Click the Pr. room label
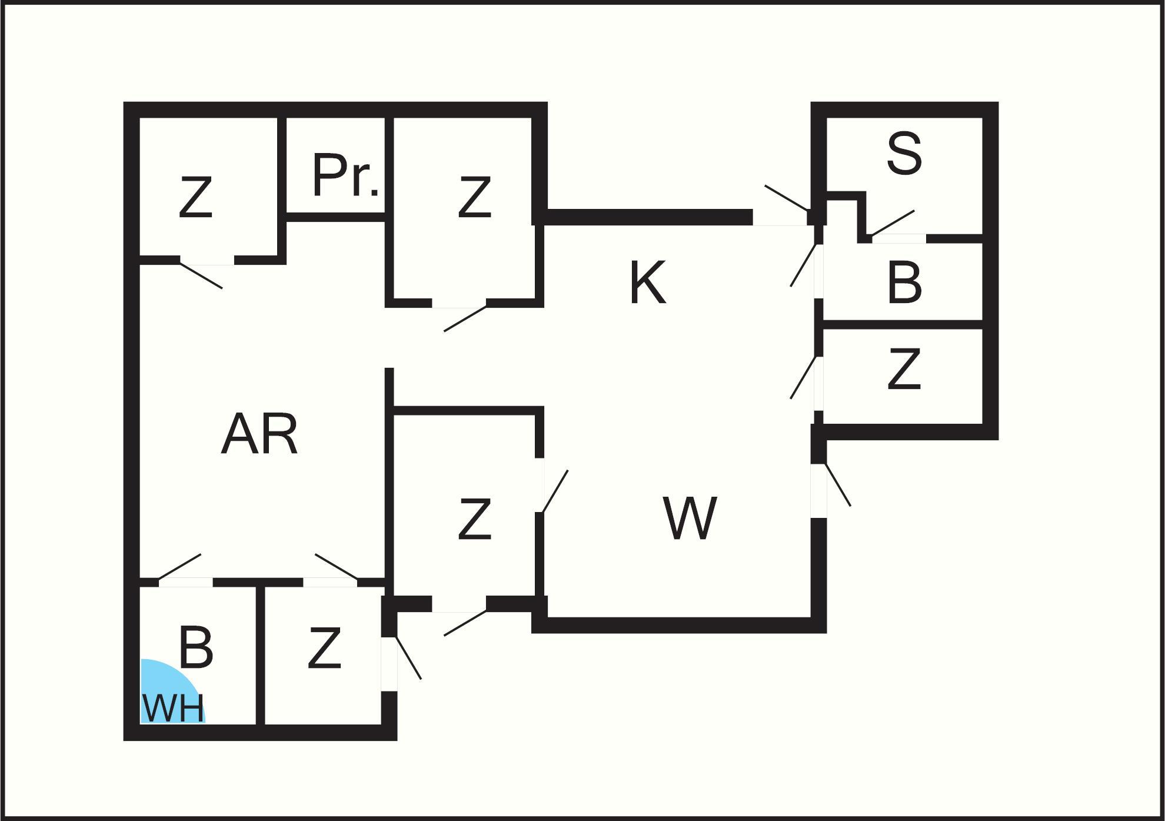pos(345,175)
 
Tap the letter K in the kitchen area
pos(647,282)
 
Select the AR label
pos(259,434)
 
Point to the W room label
pos(690,518)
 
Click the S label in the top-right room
pos(904,154)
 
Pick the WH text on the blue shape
pos(173,709)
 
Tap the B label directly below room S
pos(904,282)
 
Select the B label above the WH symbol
pos(195,649)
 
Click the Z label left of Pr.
pos(195,199)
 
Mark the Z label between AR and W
pos(474,519)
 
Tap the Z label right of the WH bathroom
pos(324,649)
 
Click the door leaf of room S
pos(893,223)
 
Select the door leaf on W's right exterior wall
pos(838,484)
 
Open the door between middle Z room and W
pos(555,491)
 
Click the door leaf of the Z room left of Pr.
pos(201,275)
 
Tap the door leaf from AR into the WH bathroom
pos(180,566)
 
